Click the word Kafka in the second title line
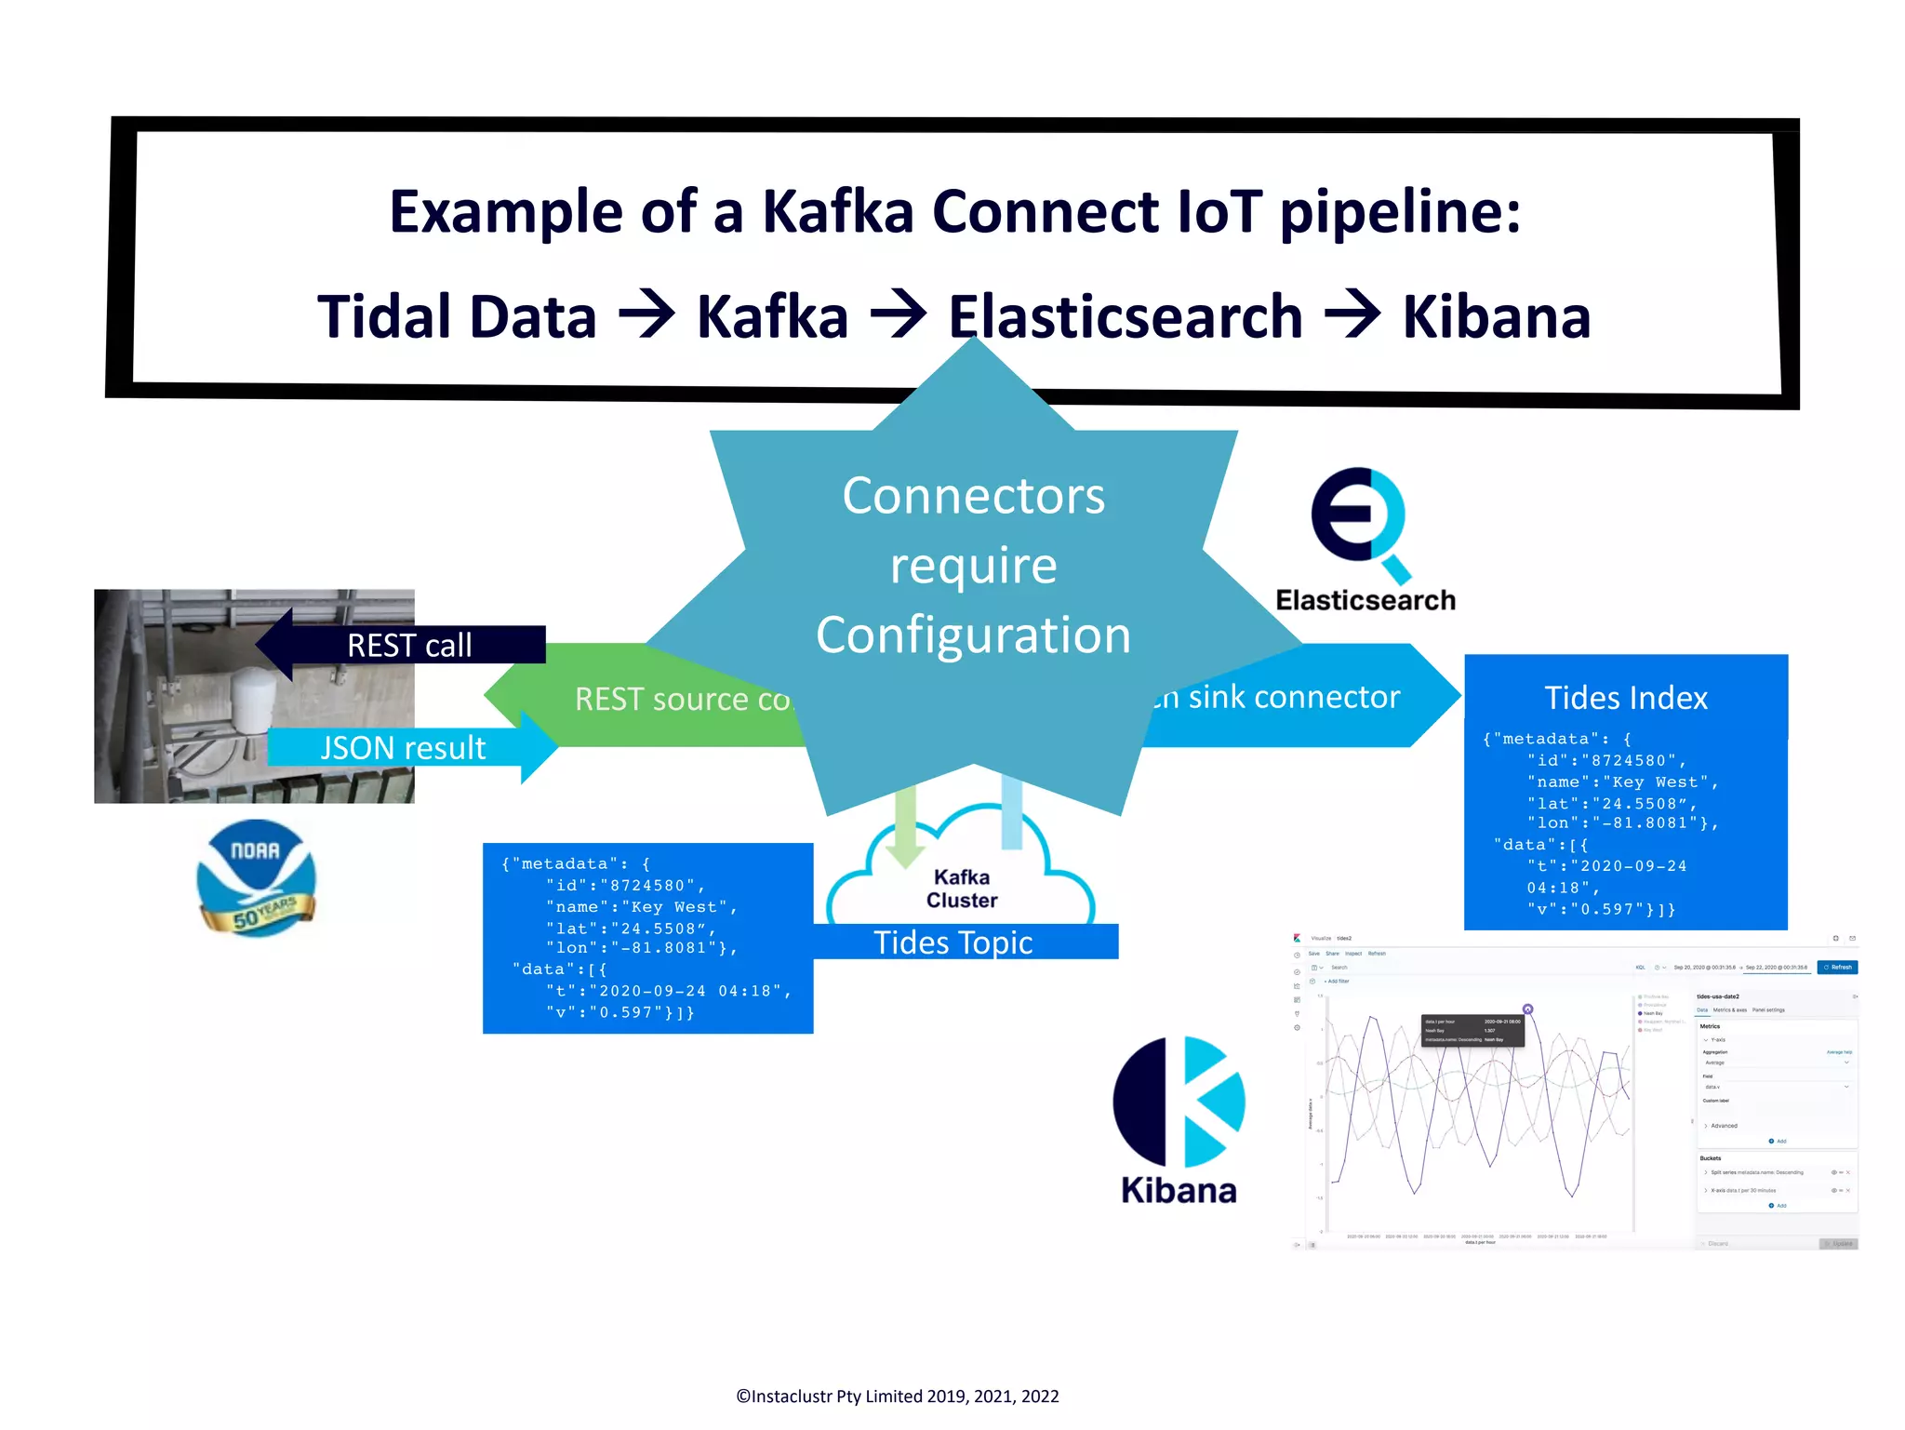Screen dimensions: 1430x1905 (772, 317)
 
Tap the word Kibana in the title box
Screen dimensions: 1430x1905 (1496, 317)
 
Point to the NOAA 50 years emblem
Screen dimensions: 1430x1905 (257, 877)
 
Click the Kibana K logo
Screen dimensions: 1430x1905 (1179, 1103)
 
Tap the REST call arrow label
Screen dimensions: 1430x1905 (409, 645)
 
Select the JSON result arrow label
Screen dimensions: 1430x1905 (403, 748)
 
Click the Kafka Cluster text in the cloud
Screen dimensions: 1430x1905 (962, 889)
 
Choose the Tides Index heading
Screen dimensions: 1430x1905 (1625, 698)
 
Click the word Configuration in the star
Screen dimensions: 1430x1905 (973, 635)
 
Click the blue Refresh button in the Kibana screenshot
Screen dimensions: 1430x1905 (1837, 968)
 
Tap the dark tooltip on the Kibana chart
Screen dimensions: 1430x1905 (1472, 1031)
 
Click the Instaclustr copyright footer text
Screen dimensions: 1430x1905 (897, 1396)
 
